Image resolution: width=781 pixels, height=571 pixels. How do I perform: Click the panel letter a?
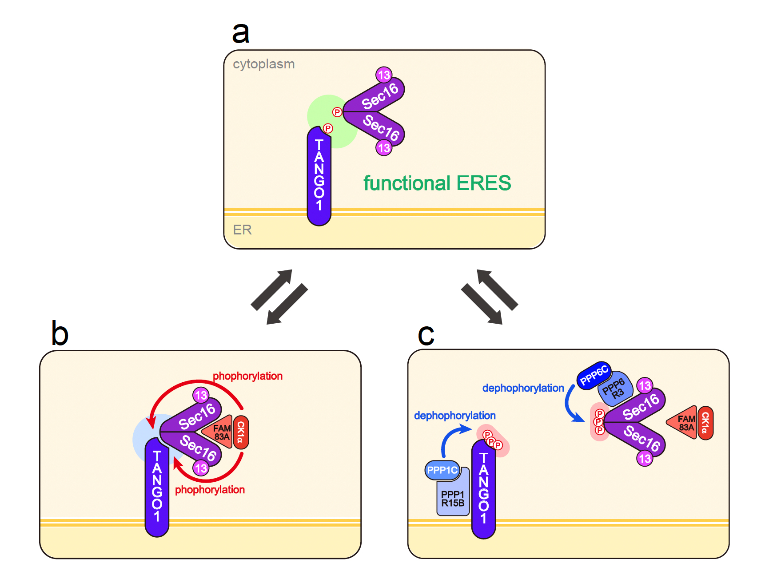tap(241, 33)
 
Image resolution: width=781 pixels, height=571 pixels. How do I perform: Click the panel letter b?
tap(60, 334)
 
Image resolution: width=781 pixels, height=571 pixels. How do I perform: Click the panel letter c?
tap(426, 335)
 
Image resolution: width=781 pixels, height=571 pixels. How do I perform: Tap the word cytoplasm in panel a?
tap(264, 64)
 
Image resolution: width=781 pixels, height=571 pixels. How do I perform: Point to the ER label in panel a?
tap(242, 230)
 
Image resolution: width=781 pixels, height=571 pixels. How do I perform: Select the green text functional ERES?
tap(437, 183)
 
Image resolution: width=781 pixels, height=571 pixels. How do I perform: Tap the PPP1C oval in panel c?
tap(442, 470)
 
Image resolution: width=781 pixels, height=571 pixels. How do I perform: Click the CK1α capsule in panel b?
tap(241, 432)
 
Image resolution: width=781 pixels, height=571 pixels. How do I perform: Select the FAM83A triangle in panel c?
tap(683, 423)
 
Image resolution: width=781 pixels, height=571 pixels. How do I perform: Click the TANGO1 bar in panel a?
tap(319, 178)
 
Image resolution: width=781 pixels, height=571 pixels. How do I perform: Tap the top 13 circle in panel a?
tap(384, 75)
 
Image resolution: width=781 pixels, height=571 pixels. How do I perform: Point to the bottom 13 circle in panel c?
tap(645, 458)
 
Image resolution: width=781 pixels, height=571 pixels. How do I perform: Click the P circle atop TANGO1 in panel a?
tap(328, 129)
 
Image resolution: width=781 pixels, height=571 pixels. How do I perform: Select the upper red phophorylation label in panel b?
tap(247, 376)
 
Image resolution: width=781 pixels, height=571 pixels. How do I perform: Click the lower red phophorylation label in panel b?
tap(210, 490)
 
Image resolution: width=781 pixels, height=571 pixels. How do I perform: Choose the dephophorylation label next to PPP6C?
tap(523, 388)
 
